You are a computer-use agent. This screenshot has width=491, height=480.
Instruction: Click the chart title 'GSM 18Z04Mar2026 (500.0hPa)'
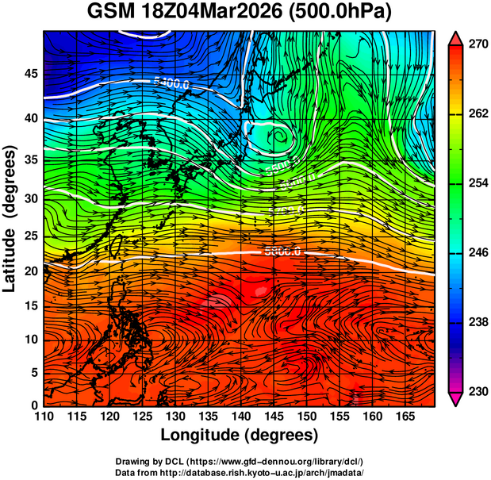click(244, 13)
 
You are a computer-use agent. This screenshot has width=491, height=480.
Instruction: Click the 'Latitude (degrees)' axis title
click(11, 218)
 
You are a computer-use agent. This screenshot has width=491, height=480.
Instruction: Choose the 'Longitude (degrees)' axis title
click(240, 435)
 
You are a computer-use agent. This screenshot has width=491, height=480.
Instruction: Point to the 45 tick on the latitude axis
click(30, 74)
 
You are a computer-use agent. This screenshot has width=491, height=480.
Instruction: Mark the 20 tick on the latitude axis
click(30, 271)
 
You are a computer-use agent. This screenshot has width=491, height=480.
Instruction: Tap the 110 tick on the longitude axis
click(44, 416)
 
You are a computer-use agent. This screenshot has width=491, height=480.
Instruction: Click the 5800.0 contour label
click(282, 252)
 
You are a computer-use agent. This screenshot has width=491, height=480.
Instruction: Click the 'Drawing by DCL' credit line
click(240, 461)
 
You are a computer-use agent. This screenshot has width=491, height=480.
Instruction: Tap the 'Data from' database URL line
click(240, 471)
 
